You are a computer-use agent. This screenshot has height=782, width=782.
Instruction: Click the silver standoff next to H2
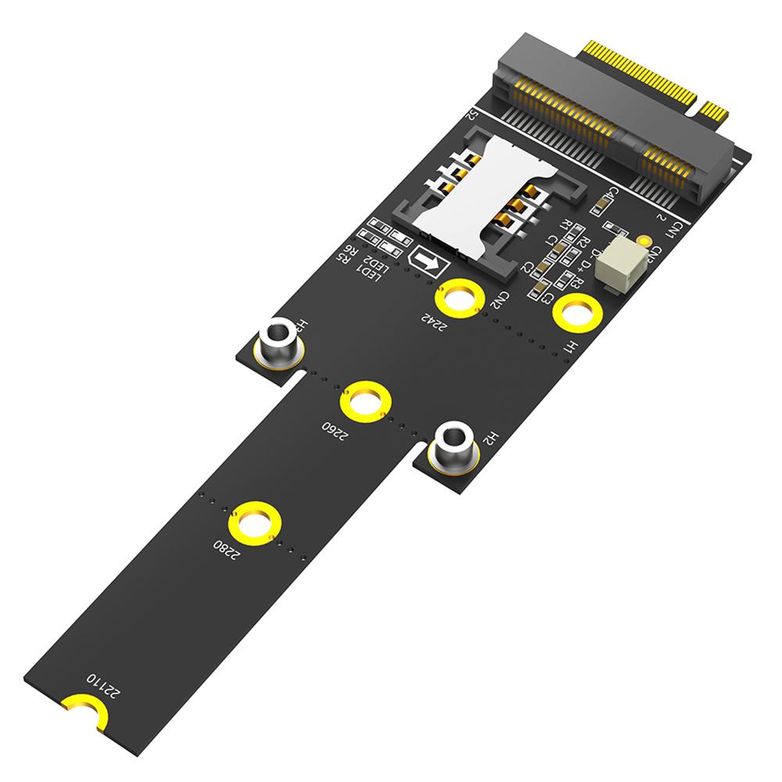tap(454, 446)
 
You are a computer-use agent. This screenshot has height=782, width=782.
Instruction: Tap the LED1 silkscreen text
tap(363, 271)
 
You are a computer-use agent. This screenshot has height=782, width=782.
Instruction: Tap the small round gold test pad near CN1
tap(645, 244)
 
